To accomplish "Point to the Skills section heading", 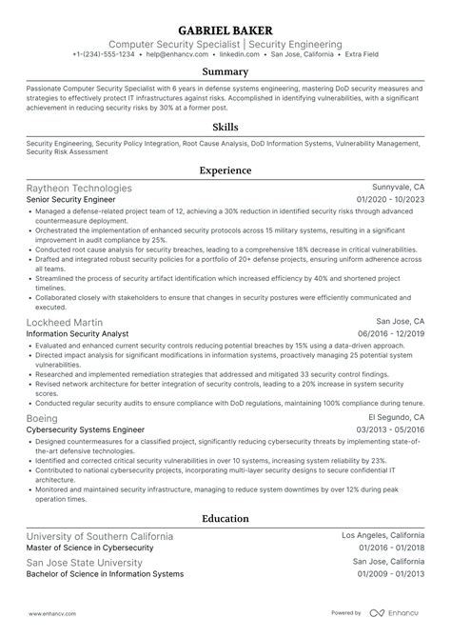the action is pyautogui.click(x=225, y=126).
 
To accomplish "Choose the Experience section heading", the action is pyautogui.click(x=225, y=171).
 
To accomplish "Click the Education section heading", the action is pyautogui.click(x=225, y=519).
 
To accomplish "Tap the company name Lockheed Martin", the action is pyautogui.click(x=66, y=322).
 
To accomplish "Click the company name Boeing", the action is pyautogui.click(x=43, y=418).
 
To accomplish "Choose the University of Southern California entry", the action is pyautogui.click(x=100, y=536).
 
